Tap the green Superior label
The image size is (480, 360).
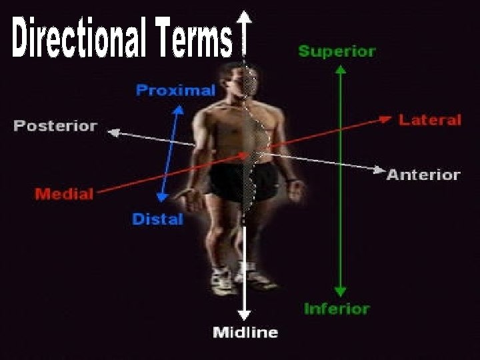click(337, 51)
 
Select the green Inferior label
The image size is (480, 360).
click(337, 309)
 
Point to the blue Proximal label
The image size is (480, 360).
click(175, 91)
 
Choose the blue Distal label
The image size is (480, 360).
click(157, 219)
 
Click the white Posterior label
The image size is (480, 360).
click(55, 125)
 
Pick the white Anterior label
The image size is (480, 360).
click(423, 175)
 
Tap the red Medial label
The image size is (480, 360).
click(64, 194)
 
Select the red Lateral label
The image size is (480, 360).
click(430, 120)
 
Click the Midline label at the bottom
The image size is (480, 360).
click(245, 332)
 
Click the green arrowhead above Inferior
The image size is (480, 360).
click(340, 291)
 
